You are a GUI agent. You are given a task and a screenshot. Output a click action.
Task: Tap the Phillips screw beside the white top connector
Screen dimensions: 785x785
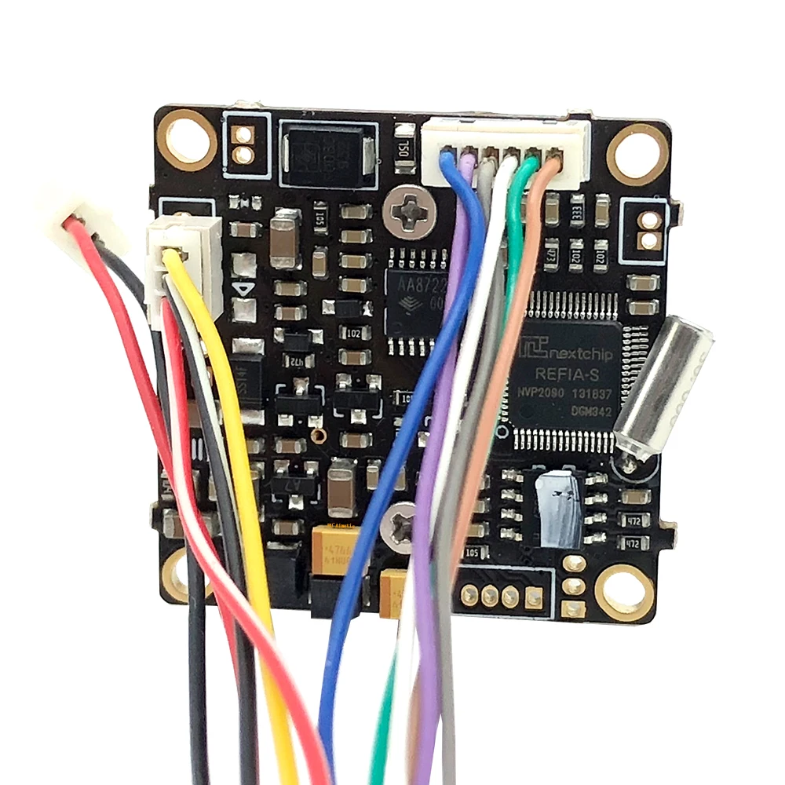[410, 211]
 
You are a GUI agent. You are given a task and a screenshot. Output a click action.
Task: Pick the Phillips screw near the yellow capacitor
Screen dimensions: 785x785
[399, 523]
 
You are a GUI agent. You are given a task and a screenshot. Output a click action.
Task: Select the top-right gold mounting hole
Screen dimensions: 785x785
[638, 155]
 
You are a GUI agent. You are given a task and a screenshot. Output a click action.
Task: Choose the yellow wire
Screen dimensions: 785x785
[235, 416]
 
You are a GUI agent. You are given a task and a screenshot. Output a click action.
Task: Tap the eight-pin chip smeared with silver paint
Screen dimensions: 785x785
[559, 506]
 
